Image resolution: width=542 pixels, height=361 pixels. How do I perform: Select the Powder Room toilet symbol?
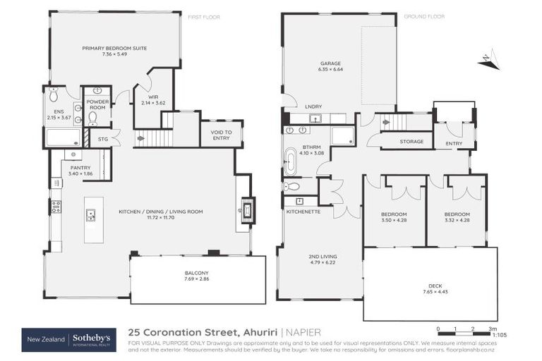[x=92, y=116]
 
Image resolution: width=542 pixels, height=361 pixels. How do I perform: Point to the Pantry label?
[x=80, y=167]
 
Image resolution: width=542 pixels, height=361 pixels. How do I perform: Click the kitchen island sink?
[x=90, y=215]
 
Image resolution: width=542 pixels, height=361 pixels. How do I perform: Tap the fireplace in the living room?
[x=246, y=209]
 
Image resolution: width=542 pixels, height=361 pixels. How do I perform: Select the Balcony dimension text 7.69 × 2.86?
[x=197, y=279]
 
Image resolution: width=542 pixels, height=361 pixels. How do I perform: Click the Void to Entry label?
[x=221, y=134]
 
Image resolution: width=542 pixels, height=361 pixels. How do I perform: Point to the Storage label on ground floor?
[x=411, y=142]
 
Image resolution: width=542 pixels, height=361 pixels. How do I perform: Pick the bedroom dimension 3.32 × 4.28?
[x=456, y=220]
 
